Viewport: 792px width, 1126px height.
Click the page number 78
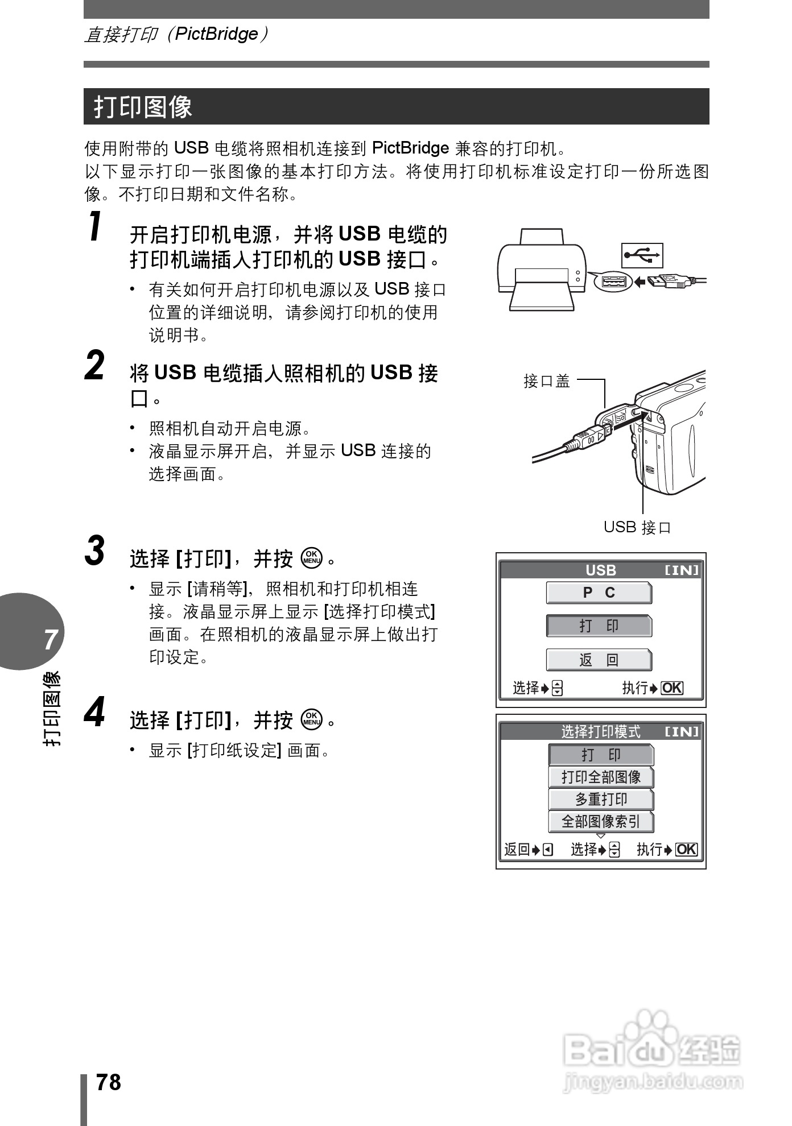tap(109, 1082)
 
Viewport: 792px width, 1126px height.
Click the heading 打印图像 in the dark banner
tap(143, 107)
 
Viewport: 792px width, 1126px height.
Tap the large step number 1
tap(96, 226)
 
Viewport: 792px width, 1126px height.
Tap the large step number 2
tap(95, 366)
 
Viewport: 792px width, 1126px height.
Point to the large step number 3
tap(95, 550)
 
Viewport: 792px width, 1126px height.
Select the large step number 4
tap(95, 713)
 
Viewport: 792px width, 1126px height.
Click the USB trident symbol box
tap(642, 255)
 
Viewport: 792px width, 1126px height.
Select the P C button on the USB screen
tap(599, 593)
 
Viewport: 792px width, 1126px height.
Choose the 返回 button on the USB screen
tap(599, 660)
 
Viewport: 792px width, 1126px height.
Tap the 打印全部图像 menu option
tap(601, 777)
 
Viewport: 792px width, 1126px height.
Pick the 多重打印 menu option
tap(601, 800)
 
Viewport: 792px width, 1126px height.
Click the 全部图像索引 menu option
tap(601, 822)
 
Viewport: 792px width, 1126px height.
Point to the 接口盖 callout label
tap(546, 381)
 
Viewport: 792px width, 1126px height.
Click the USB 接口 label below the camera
tap(637, 527)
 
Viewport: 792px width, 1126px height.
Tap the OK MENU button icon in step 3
tap(312, 558)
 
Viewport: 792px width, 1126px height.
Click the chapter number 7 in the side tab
tap(51, 639)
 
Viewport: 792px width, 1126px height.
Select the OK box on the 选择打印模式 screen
tap(686, 850)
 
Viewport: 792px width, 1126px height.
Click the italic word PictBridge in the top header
tap(216, 34)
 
